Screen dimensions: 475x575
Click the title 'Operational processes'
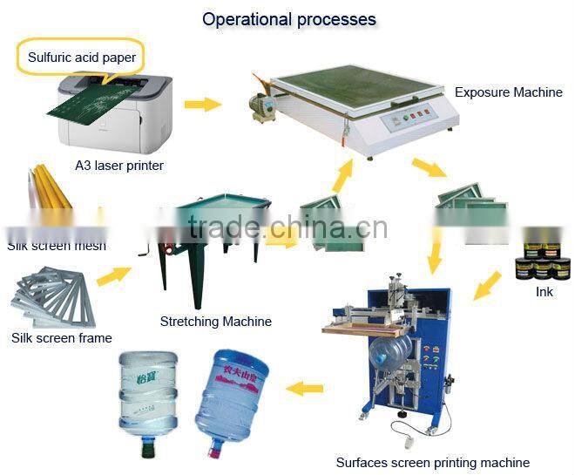[x=289, y=18]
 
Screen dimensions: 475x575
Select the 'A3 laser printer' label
[x=118, y=165]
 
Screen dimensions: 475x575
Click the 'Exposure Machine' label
[x=508, y=92]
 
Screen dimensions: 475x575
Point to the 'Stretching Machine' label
[x=215, y=322]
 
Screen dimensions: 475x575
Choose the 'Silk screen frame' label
[x=61, y=337]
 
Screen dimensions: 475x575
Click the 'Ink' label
[x=544, y=292]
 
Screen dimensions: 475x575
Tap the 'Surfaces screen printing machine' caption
[x=432, y=462]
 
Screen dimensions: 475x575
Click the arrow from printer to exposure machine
[x=202, y=105]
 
